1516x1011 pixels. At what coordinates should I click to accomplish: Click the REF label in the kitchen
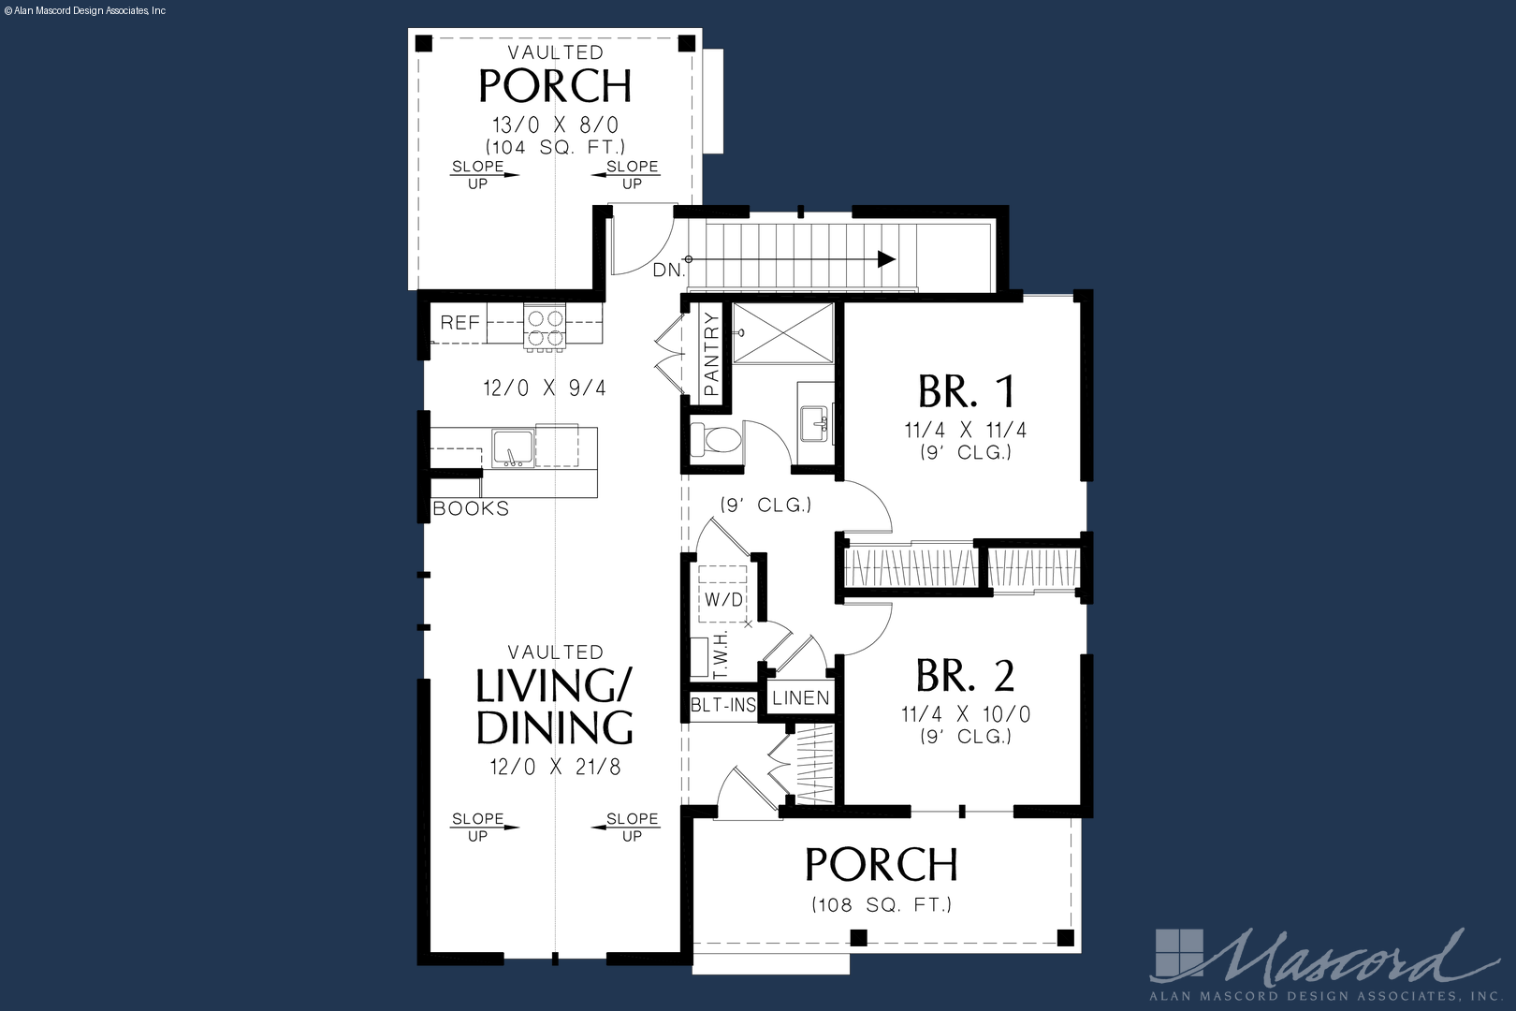click(459, 323)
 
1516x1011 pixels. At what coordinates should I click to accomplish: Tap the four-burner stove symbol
click(545, 327)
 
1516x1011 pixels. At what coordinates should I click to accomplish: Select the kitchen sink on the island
click(513, 448)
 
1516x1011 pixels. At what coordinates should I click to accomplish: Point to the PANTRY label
click(711, 354)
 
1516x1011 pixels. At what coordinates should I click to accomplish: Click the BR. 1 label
click(966, 391)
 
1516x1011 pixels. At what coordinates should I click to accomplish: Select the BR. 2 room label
click(965, 676)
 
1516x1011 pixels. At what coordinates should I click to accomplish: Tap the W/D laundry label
click(723, 599)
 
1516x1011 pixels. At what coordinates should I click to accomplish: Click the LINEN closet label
click(801, 698)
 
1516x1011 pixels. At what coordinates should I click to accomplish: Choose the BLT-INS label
click(722, 706)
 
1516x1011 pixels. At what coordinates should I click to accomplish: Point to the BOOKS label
click(471, 508)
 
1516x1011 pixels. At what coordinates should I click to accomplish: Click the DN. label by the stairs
click(669, 271)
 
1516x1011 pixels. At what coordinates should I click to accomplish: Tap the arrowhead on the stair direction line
click(886, 259)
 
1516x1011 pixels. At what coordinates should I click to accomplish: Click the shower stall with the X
click(783, 333)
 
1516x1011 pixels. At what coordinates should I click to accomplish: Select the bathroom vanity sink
click(815, 424)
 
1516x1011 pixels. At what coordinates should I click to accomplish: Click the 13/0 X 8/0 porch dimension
click(555, 125)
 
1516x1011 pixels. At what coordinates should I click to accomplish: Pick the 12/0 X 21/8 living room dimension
click(555, 768)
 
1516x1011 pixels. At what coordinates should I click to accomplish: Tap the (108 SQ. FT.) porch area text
click(882, 904)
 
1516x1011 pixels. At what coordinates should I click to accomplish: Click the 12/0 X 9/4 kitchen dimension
click(545, 388)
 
